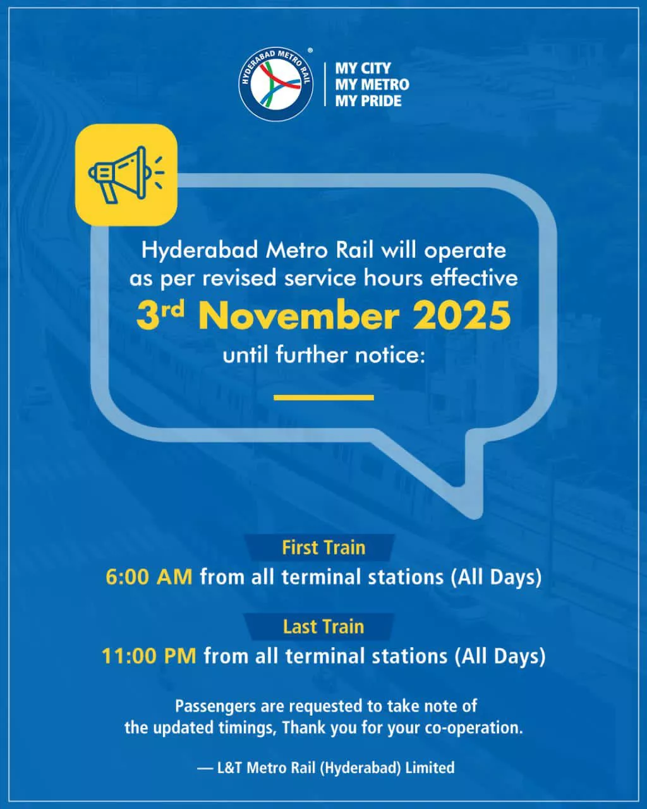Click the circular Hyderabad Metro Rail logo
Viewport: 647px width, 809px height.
(x=276, y=84)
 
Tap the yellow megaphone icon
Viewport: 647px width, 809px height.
(x=126, y=175)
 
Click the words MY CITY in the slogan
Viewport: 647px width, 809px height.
(x=363, y=68)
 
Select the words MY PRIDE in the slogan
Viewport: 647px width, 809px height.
(x=368, y=100)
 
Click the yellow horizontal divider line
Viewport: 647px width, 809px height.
(x=323, y=398)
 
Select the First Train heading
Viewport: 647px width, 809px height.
(x=323, y=548)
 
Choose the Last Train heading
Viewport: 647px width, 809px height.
(x=323, y=627)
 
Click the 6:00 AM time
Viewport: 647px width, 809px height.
(x=149, y=576)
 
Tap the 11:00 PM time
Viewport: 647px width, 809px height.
(x=149, y=655)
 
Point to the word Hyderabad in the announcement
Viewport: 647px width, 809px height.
(x=200, y=251)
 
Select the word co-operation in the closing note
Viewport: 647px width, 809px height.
(x=474, y=728)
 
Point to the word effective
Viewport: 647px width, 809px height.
(x=474, y=279)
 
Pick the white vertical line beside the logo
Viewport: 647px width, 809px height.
(x=325, y=85)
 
